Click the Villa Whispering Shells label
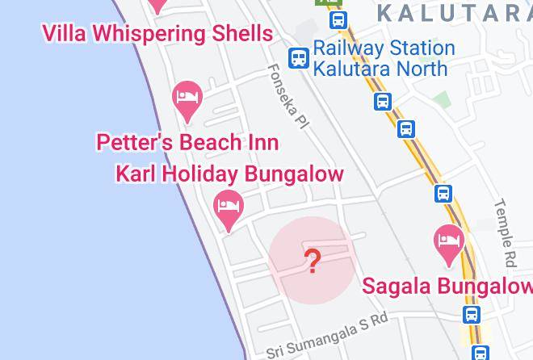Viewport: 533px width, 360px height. coord(157,33)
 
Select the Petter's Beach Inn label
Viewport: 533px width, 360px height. coord(187,143)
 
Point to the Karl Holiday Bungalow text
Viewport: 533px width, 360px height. coord(230,174)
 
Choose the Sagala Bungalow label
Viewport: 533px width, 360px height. coord(447,286)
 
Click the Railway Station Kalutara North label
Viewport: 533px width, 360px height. coord(384,58)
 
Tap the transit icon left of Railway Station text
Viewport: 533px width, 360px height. coord(299,57)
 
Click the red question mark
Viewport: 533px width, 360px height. coord(312,261)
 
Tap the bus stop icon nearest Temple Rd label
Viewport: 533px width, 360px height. coord(443,194)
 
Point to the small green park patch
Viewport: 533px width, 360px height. coord(441,99)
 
